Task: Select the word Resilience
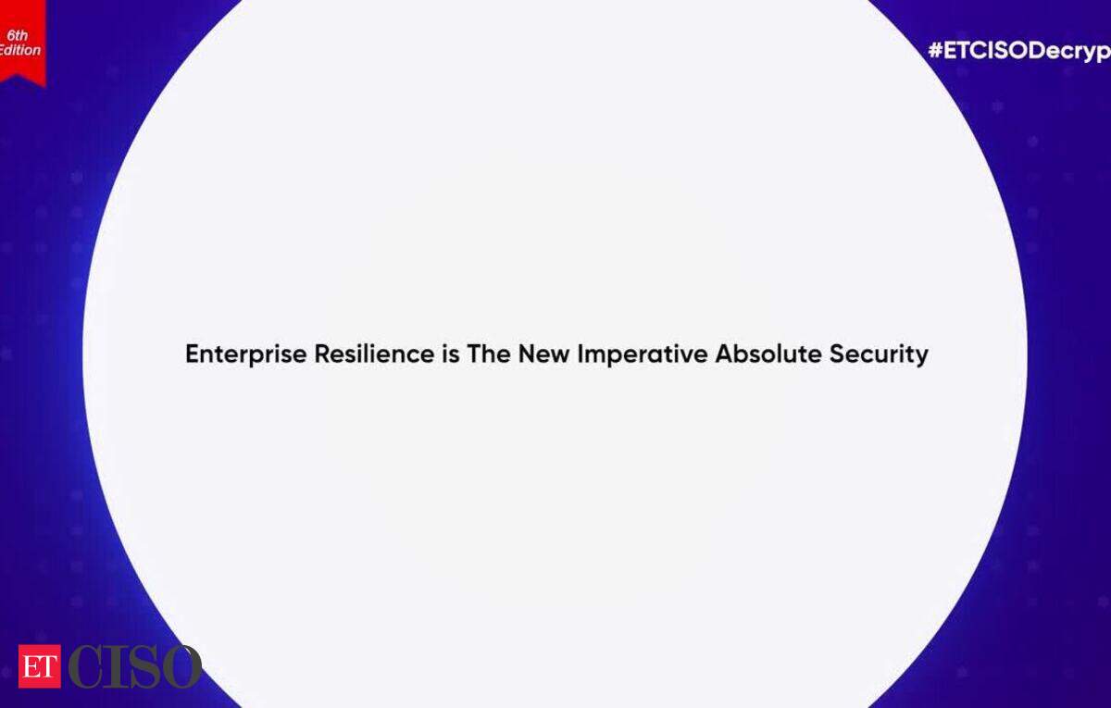pos(374,354)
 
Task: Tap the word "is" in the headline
pos(451,354)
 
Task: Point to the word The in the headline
pos(489,354)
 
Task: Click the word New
pos(543,354)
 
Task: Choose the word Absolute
pos(768,354)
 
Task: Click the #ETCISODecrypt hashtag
pos(1019,52)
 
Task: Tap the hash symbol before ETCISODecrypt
pos(935,50)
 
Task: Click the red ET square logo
pos(40,666)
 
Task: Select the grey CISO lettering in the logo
pos(134,666)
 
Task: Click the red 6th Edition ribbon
pos(22,43)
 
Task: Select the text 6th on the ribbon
pos(18,35)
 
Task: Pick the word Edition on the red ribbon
pos(19,50)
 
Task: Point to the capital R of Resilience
pos(323,354)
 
